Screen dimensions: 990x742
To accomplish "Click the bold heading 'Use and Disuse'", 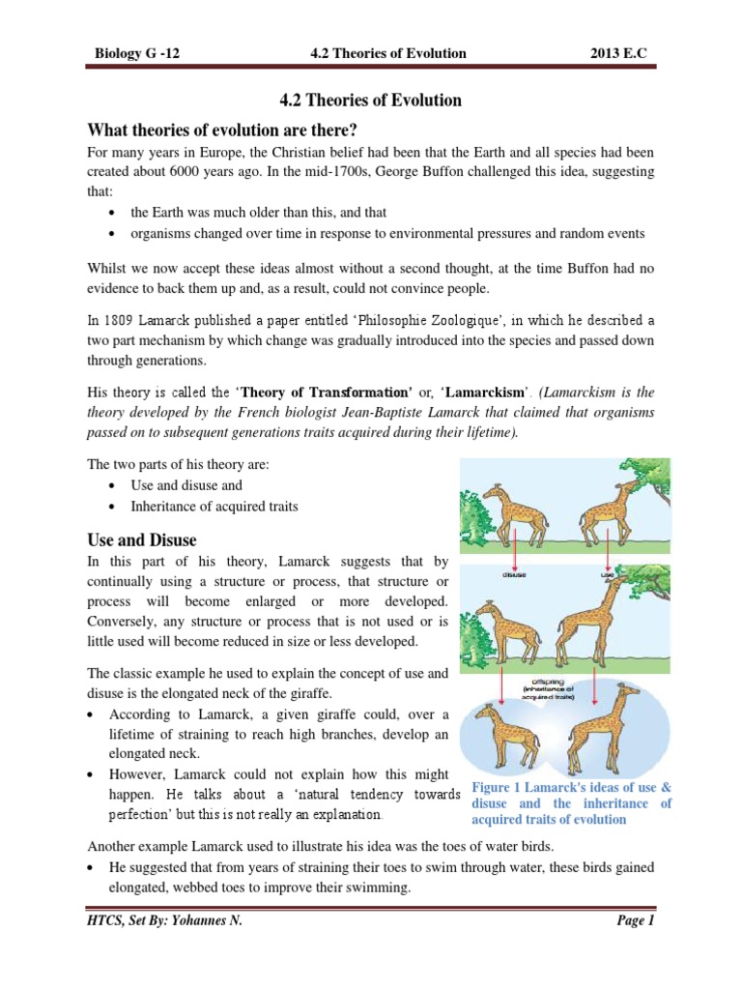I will coord(142,539).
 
